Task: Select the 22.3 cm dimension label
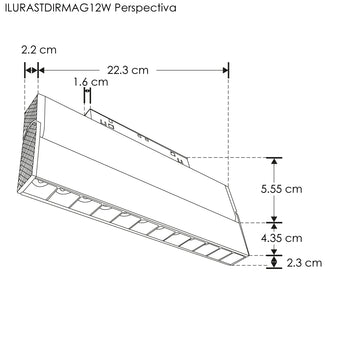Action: coord(127,70)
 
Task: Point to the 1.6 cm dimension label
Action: coord(89,82)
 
